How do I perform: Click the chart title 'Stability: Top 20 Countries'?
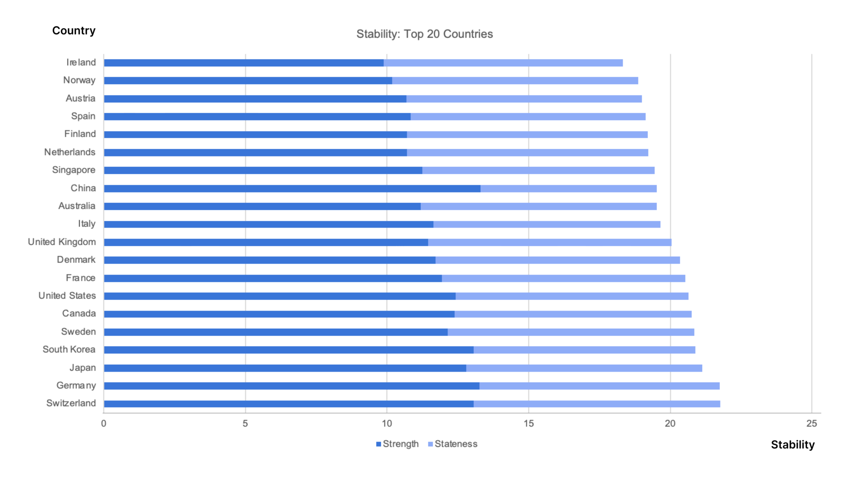click(x=424, y=34)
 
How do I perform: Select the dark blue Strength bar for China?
click(x=292, y=189)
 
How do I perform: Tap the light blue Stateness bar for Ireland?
click(x=503, y=63)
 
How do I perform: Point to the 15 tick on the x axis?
click(x=529, y=423)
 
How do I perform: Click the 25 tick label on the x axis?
click(x=812, y=423)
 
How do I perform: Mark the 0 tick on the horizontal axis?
click(x=104, y=423)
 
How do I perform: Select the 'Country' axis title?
click(x=74, y=31)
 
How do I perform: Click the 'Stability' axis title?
click(x=793, y=445)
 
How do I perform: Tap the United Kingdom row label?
click(x=62, y=242)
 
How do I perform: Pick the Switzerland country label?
click(x=71, y=403)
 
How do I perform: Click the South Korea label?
click(x=69, y=349)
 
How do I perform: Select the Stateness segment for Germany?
click(x=599, y=386)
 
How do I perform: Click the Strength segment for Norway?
click(x=248, y=81)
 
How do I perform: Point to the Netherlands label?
click(x=70, y=152)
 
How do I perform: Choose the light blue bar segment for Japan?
click(x=584, y=368)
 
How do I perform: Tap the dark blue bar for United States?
click(x=280, y=296)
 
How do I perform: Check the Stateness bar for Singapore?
click(x=538, y=171)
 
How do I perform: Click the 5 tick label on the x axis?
click(x=245, y=423)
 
